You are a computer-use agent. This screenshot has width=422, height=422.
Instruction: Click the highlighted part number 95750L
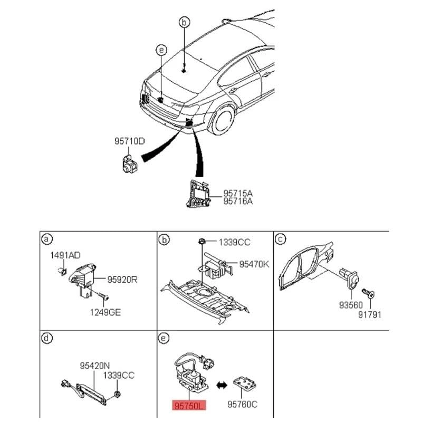(187, 405)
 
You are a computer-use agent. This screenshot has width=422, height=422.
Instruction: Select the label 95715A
(238, 194)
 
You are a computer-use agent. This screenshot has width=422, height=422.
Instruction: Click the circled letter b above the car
(184, 22)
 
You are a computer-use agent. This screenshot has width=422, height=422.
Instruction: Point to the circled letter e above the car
(161, 50)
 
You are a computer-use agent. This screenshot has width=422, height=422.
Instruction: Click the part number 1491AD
(65, 255)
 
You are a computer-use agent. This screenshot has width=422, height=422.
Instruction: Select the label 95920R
(122, 280)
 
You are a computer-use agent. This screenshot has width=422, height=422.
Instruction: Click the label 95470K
(254, 264)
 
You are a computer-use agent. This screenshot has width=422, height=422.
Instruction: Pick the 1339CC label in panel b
(236, 242)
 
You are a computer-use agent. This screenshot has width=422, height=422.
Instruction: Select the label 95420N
(95, 365)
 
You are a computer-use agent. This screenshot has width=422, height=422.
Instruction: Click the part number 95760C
(244, 406)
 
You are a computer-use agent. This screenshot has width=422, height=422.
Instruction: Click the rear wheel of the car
(222, 119)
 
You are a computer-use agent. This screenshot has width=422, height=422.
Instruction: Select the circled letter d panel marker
(47, 338)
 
